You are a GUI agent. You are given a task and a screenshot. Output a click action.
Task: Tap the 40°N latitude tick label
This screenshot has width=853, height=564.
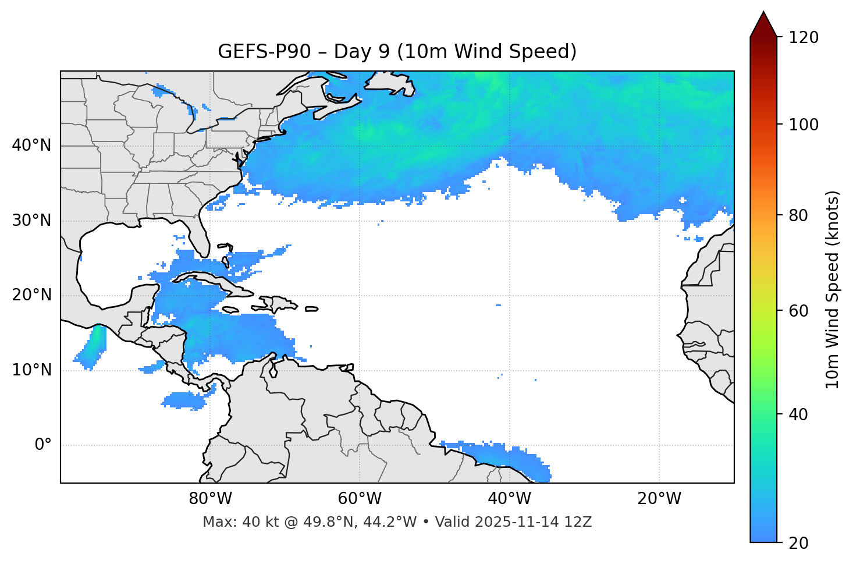pyautogui.click(x=31, y=146)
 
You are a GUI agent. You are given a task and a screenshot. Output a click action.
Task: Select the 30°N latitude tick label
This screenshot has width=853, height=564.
pyautogui.click(x=31, y=221)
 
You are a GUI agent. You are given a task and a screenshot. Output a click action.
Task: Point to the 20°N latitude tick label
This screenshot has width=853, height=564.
pyautogui.click(x=31, y=295)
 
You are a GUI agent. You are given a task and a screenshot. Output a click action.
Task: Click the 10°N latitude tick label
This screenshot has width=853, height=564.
pyautogui.click(x=31, y=370)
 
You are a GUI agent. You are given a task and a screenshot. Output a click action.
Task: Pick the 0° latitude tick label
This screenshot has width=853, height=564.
pyautogui.click(x=43, y=445)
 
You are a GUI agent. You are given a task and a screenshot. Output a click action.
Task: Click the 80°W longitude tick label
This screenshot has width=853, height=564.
pyautogui.click(x=210, y=499)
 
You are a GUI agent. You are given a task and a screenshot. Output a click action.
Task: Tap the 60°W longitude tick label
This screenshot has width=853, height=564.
pyautogui.click(x=360, y=499)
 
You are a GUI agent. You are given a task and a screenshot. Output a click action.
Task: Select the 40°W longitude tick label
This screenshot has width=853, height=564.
pyautogui.click(x=509, y=499)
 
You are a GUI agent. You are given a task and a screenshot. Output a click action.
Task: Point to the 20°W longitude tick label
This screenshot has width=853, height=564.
pyautogui.click(x=659, y=499)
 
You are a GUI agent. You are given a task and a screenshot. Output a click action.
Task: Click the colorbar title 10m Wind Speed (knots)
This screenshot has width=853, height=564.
pyautogui.click(x=833, y=289)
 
